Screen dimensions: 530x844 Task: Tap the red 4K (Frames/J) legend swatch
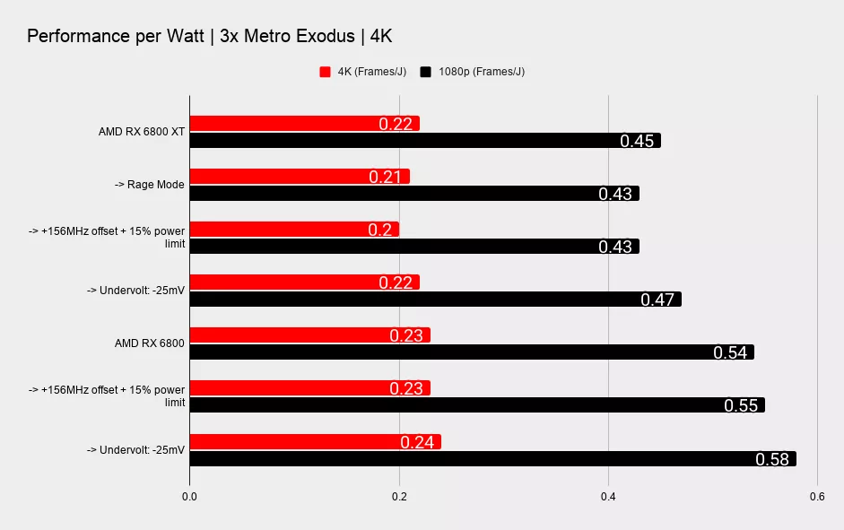326,72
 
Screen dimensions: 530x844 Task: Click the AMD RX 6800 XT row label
142,132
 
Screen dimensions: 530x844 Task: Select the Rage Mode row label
149,185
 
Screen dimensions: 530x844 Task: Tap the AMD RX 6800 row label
150,343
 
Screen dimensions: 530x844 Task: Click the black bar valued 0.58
492,459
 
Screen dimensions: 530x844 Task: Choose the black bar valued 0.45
424,141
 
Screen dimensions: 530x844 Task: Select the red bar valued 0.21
299,176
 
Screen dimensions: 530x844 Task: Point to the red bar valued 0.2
293,229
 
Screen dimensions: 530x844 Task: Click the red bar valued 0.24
315,441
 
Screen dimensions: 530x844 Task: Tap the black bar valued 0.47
435,300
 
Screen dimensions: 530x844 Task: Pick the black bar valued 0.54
471,352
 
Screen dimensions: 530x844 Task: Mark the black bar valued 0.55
476,405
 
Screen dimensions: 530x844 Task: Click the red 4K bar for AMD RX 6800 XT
304,123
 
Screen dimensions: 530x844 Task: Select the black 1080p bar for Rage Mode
413,194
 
